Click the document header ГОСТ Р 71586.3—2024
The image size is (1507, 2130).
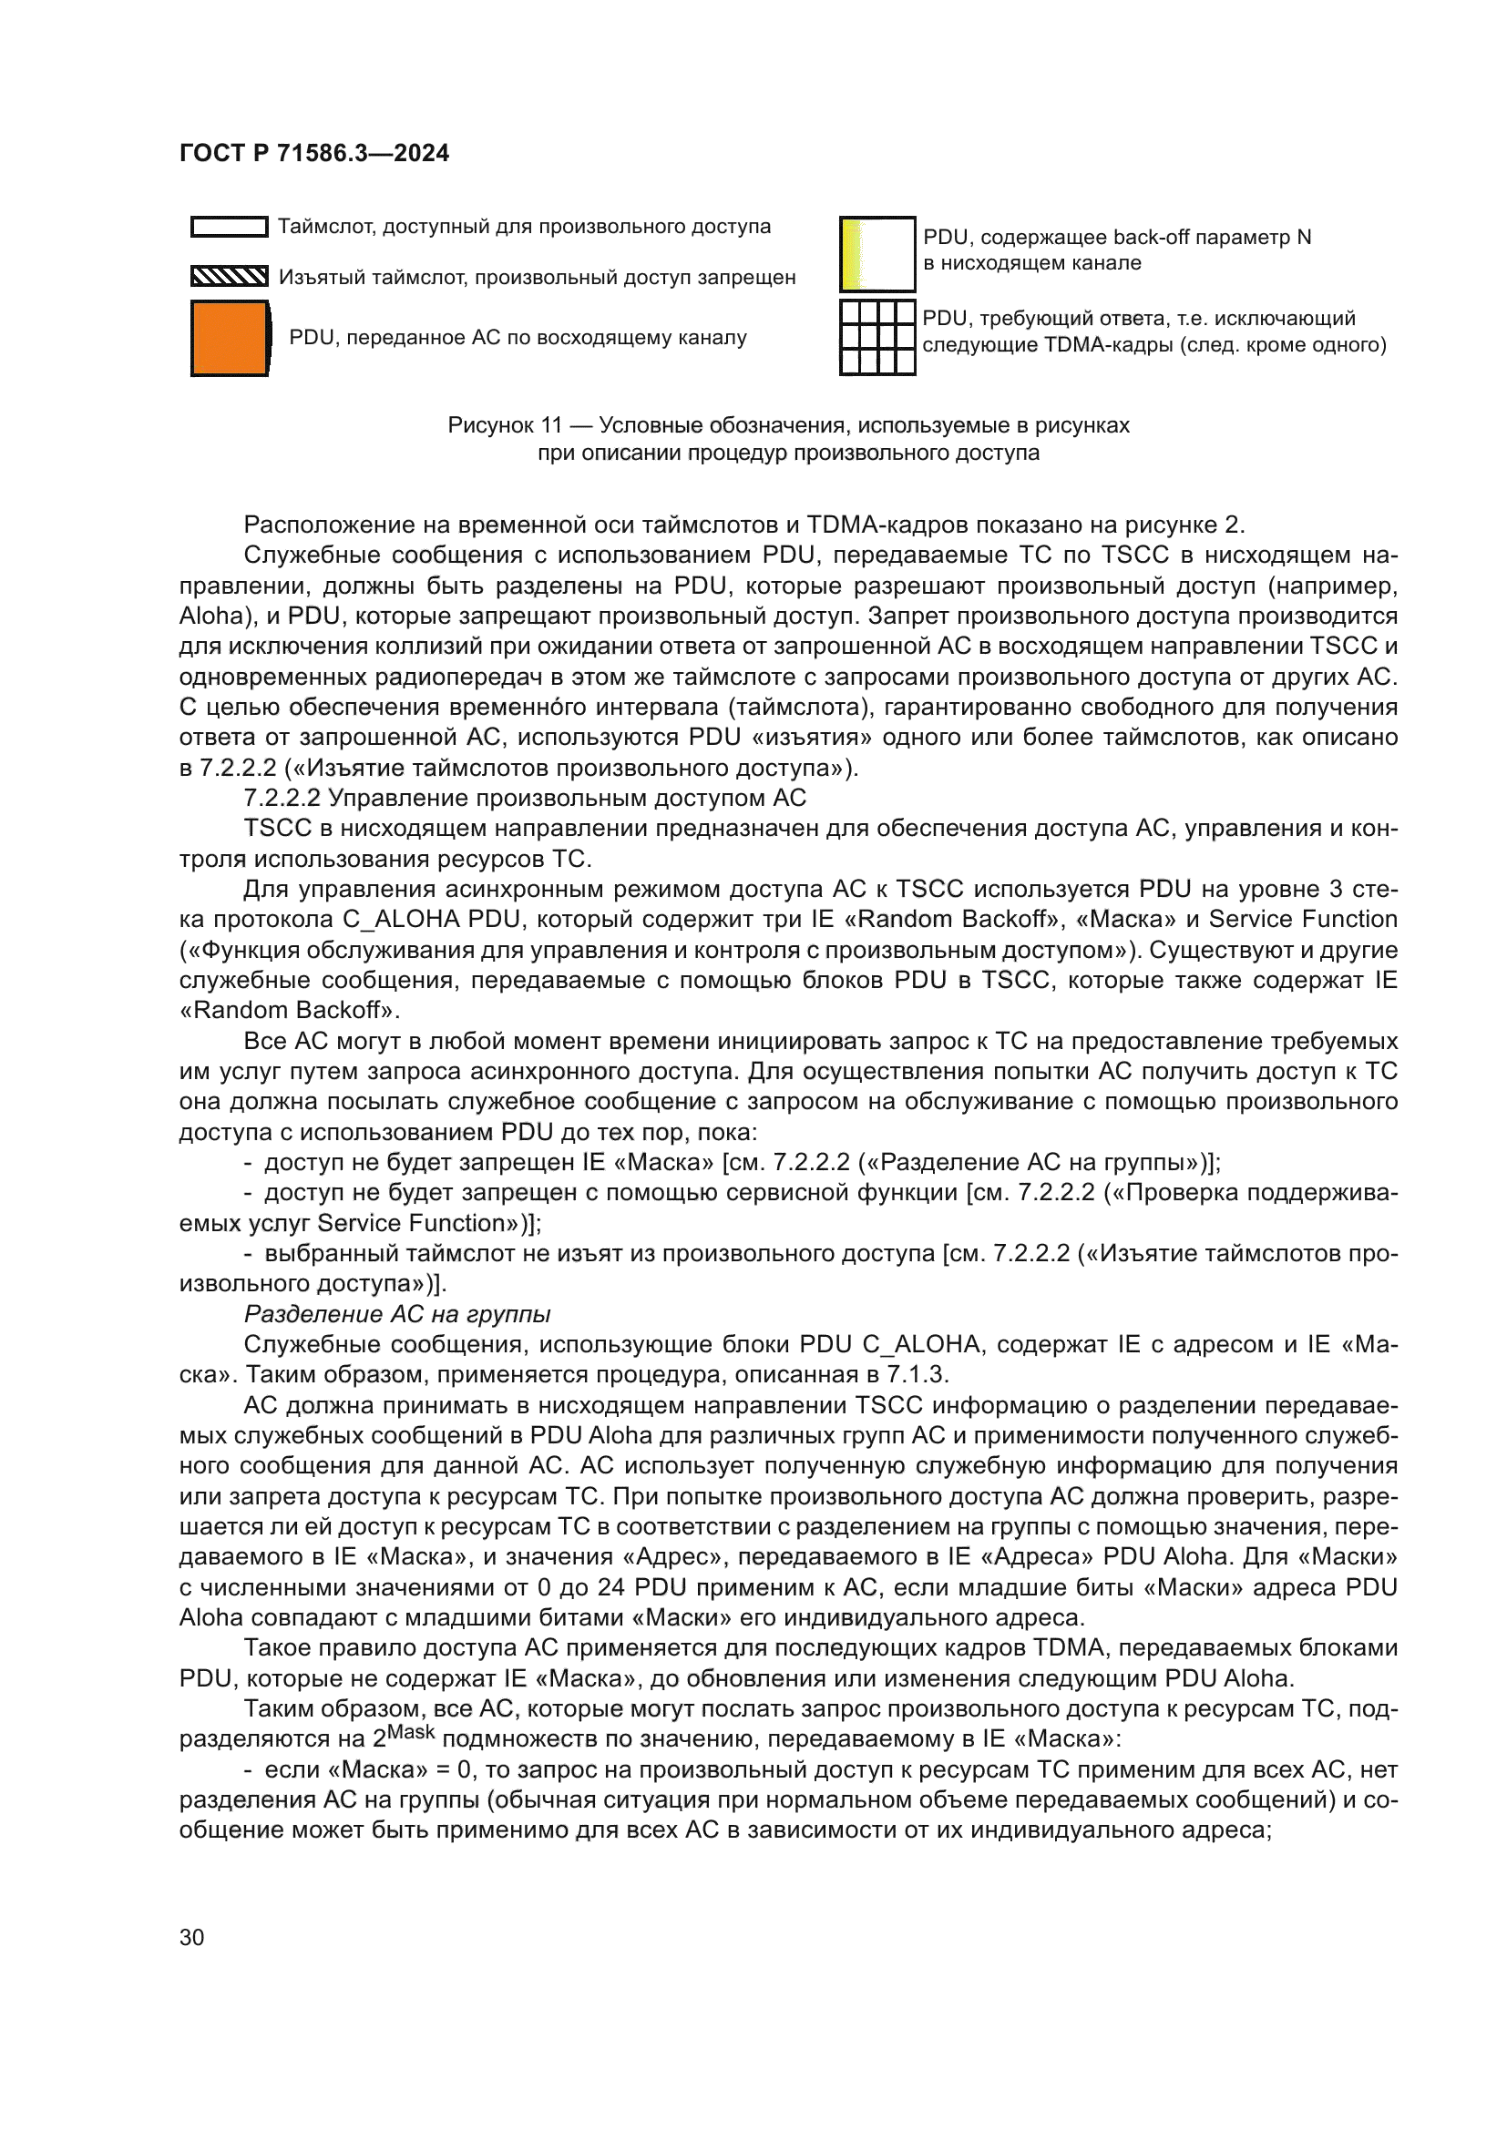click(313, 153)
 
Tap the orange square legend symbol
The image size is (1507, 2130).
click(231, 339)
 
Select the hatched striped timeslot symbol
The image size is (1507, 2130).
click(230, 277)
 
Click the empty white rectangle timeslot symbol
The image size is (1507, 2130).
click(230, 227)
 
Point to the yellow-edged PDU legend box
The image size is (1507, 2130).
click(877, 254)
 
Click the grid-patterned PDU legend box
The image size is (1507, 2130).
click(877, 337)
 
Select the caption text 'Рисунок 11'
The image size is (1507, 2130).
click(505, 426)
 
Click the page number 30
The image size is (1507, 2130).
click(191, 1937)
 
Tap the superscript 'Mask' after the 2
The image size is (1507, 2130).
click(411, 1732)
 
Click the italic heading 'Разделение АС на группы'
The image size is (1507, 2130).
click(397, 1315)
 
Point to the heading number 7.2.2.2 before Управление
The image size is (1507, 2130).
click(282, 798)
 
